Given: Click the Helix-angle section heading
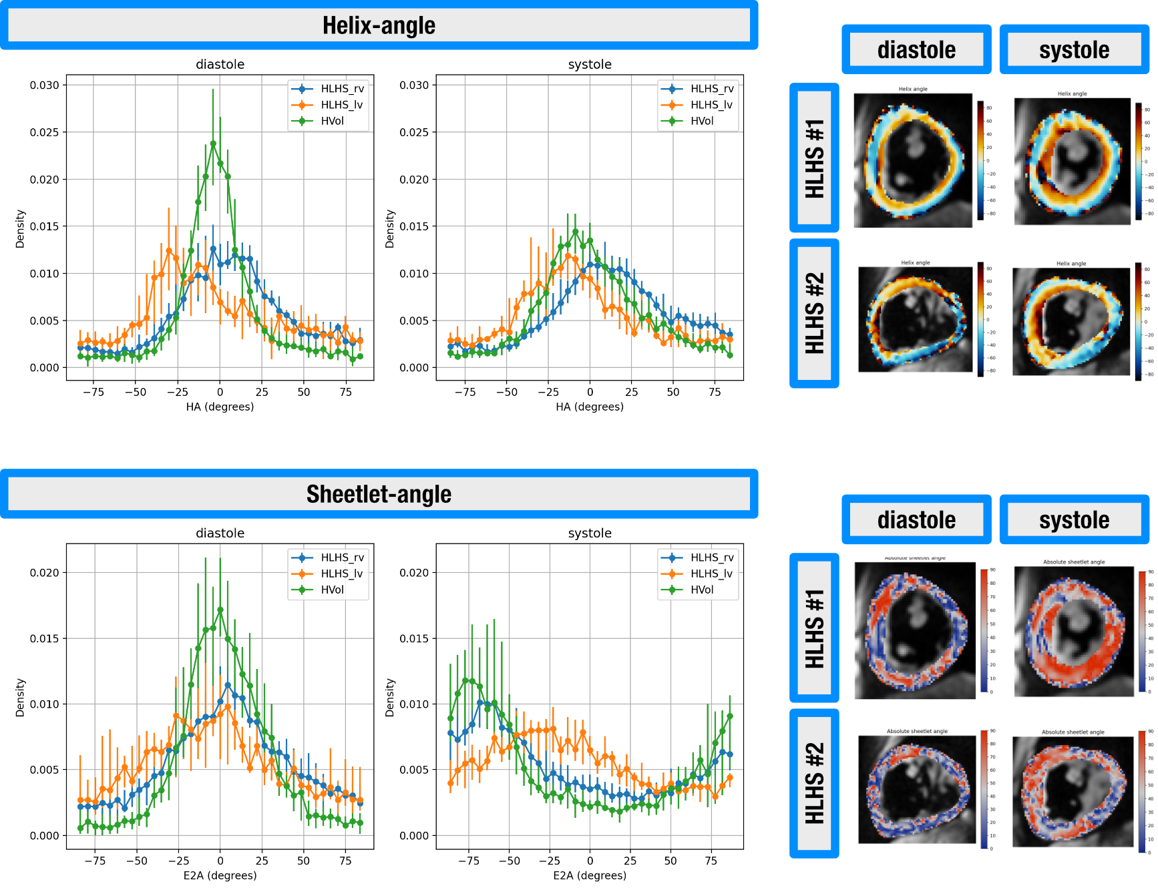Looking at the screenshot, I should click(379, 25).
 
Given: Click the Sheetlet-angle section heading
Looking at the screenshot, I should click(379, 494).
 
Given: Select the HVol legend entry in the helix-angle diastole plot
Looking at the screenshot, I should click(332, 121).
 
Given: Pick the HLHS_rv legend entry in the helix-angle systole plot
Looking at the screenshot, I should click(711, 89).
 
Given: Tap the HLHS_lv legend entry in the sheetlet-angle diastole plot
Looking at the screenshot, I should click(341, 574).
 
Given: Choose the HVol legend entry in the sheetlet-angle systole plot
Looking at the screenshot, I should click(702, 590).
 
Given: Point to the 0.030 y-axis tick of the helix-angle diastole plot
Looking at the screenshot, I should click(44, 85).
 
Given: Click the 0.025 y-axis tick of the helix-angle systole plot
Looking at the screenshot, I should click(414, 132).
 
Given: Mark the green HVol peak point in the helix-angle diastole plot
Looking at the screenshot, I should click(213, 144).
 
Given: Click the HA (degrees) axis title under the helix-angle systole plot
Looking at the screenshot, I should click(590, 407).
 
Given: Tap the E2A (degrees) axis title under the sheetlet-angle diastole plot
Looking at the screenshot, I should click(220, 875).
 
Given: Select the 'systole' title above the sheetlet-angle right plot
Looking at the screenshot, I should click(590, 533).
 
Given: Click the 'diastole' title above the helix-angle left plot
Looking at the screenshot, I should click(220, 64).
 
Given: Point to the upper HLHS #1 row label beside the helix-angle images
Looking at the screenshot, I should click(814, 158).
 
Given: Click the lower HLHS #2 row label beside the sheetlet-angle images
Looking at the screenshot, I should click(814, 783).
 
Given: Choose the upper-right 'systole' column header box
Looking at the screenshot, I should click(1074, 50).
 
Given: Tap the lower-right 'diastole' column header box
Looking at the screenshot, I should click(916, 520).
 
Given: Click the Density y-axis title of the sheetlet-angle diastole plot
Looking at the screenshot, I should click(20, 698).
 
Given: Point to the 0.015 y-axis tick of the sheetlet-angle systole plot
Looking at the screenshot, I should click(414, 638).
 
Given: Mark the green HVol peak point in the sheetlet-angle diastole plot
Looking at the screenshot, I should click(220, 610).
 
